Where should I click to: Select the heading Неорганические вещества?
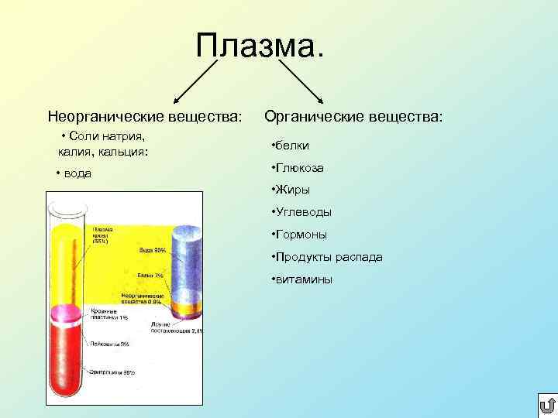pyautogui.click(x=145, y=117)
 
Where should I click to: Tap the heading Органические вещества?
pyautogui.click(x=353, y=116)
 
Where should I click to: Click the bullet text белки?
pyautogui.click(x=291, y=146)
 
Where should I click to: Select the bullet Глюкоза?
pyautogui.click(x=298, y=168)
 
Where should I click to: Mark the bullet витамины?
pyautogui.click(x=301, y=279)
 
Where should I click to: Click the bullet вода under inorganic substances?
pyautogui.click(x=74, y=173)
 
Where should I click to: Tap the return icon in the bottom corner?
pyautogui.click(x=545, y=405)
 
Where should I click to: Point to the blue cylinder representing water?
pyautogui.click(x=188, y=263)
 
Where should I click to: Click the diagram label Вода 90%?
pyautogui.click(x=152, y=251)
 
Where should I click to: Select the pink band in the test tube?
pyautogui.click(x=67, y=313)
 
